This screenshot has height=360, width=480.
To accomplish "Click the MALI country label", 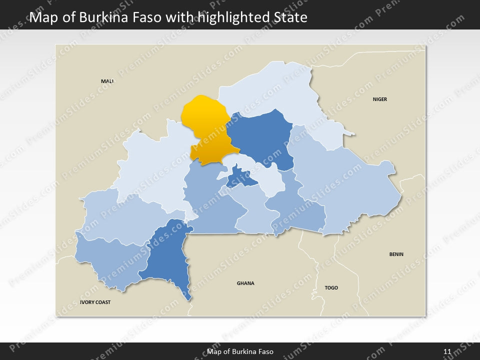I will point(107,81).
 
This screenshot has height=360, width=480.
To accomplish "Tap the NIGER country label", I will point(379,99).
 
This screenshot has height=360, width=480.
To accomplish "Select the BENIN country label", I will point(396,254).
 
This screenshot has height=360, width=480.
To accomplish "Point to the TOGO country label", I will point(331,287).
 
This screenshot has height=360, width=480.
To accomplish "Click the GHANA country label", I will point(245,283).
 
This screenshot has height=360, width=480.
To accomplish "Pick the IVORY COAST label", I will point(95,302).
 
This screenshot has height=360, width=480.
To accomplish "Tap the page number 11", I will point(447,351).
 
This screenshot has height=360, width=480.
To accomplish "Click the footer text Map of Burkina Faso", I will point(240,351).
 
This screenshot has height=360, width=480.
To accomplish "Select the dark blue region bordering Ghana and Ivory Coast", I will point(170,255).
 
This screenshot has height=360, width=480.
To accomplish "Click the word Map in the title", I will point(42,18).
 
